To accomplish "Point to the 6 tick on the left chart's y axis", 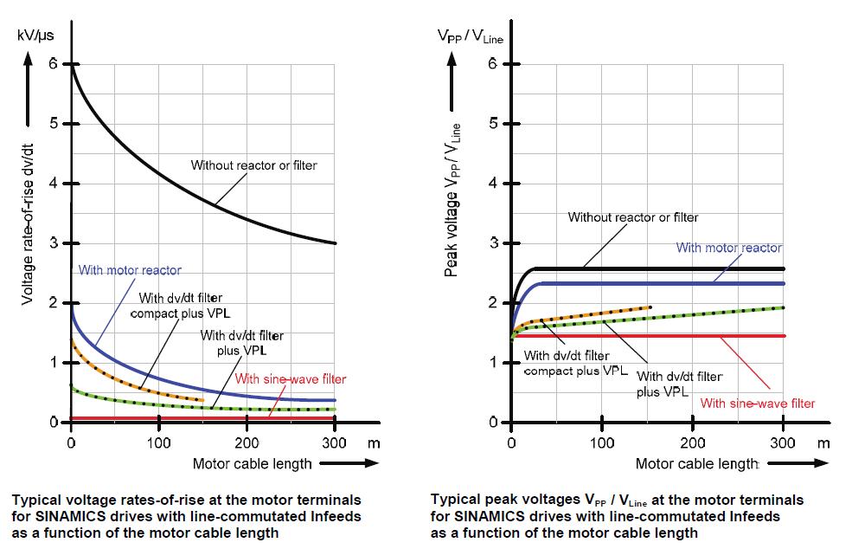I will (54, 63).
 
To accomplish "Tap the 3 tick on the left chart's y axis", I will (54, 243).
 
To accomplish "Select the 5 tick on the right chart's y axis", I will (492, 123).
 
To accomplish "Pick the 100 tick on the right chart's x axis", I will (602, 442).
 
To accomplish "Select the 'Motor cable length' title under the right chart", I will (697, 463).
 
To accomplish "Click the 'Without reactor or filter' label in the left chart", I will (253, 165).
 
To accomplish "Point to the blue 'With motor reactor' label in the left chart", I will (130, 270).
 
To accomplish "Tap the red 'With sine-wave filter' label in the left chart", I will (290, 378).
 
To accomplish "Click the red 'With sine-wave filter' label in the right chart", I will (757, 403).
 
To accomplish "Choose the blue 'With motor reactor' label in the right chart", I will (728, 248).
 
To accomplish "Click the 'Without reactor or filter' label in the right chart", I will (632, 217).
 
